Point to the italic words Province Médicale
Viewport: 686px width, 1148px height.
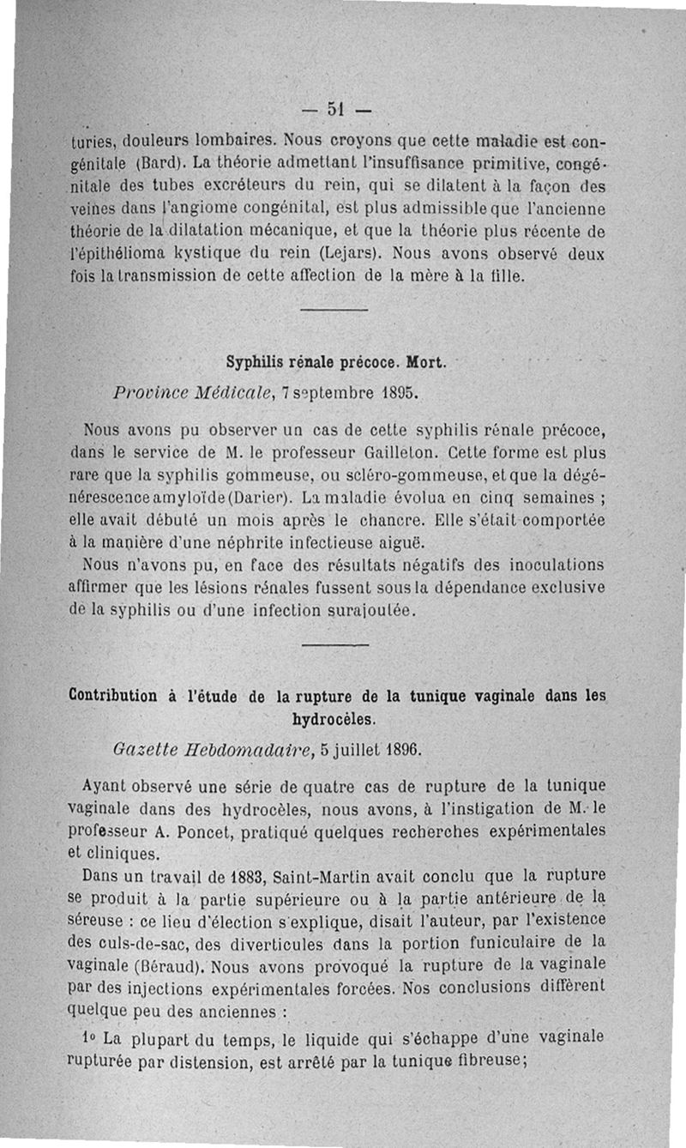tap(188, 392)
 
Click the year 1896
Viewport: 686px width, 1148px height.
tap(403, 748)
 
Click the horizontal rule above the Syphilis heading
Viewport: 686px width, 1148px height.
tap(334, 309)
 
